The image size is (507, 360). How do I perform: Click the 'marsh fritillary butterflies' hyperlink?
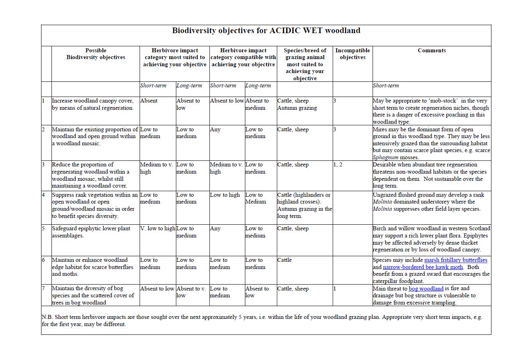tap(456, 260)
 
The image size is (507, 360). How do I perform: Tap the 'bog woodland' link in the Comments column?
tap(426, 289)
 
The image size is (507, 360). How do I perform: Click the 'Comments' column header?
tap(432, 51)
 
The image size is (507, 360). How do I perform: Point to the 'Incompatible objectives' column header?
tap(353, 54)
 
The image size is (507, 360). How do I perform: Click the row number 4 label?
tap(43, 195)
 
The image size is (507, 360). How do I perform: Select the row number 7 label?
tap(43, 289)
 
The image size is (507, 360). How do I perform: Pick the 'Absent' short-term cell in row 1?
tap(149, 101)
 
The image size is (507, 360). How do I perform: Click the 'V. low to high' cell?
tap(158, 229)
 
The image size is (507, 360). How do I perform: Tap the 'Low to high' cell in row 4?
tap(225, 195)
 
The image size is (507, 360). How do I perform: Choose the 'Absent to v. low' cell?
tap(192, 292)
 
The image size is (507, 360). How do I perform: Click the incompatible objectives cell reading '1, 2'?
tap(338, 165)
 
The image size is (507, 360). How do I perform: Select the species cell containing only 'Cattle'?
tap(284, 260)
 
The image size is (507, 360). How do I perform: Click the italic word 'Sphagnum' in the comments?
tap(387, 158)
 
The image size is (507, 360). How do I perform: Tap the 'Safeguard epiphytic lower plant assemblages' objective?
tap(91, 232)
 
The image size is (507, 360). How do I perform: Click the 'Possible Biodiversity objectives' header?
tap(96, 54)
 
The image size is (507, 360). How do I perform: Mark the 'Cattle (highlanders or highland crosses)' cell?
tap(304, 198)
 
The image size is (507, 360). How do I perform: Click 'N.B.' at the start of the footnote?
tap(47, 317)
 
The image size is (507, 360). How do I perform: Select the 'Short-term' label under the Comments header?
tap(386, 86)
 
